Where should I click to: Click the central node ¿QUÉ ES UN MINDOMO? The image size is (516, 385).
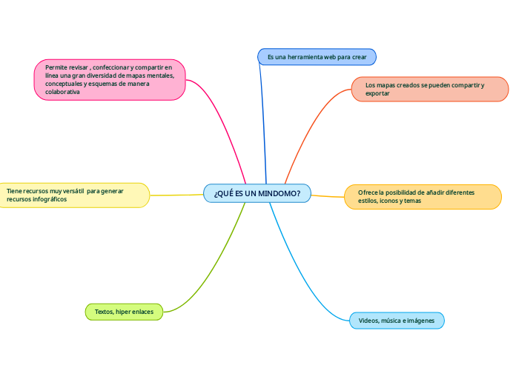[x=257, y=193]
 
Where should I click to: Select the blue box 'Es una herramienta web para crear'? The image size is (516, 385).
[x=317, y=57]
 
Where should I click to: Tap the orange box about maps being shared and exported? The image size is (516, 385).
[x=429, y=89]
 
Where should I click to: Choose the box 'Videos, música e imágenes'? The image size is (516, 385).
[x=397, y=321]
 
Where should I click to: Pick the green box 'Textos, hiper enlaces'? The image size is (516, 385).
[x=124, y=312]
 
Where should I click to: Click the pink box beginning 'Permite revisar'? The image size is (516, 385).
[x=110, y=79]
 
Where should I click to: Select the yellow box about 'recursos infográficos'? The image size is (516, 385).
[x=73, y=195]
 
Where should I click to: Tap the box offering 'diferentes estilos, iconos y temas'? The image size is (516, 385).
[x=423, y=197]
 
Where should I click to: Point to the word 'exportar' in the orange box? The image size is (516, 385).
[x=377, y=94]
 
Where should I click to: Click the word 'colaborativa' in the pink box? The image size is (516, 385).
[x=62, y=92]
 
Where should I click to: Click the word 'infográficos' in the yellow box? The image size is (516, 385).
[x=56, y=200]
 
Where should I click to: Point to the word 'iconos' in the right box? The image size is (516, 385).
[x=389, y=201]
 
